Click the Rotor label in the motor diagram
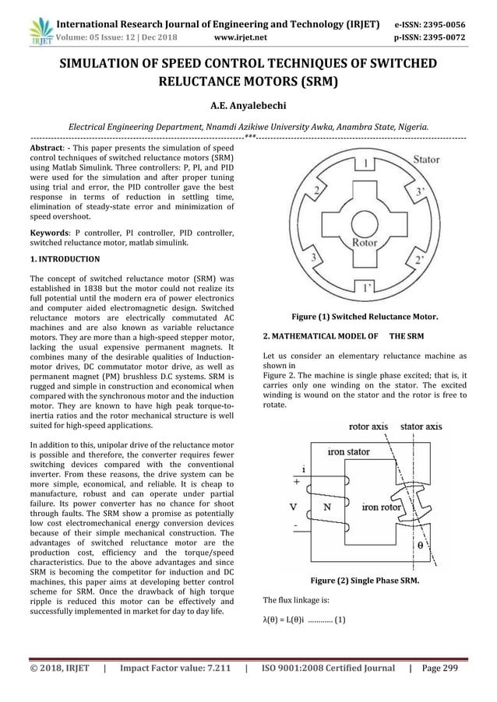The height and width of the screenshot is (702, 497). pos(365,242)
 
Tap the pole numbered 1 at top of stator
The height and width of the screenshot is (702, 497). pos(364,163)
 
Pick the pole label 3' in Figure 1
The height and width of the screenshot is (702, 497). pos(421,191)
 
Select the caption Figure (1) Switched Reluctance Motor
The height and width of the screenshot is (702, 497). pos(364,318)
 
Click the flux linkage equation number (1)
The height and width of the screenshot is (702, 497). pos(340,620)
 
